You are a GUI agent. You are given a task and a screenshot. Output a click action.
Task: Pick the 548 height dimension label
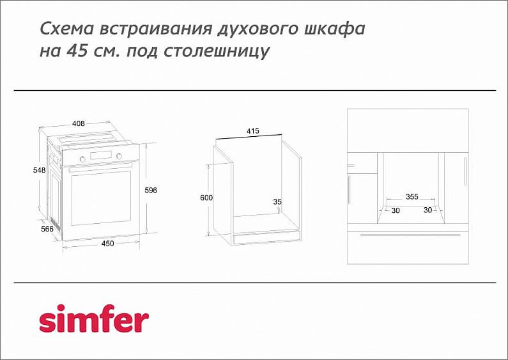[x=40, y=170]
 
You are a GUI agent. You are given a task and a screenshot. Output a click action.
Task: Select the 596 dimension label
[x=151, y=191]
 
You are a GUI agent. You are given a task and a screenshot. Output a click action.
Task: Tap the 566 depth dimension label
[x=47, y=228]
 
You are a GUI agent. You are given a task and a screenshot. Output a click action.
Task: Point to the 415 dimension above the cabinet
[x=252, y=131]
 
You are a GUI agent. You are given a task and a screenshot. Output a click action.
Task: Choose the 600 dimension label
[x=206, y=198]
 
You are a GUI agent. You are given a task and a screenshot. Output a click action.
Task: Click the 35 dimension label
[x=277, y=201]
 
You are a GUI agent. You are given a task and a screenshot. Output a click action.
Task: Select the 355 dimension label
[x=412, y=197]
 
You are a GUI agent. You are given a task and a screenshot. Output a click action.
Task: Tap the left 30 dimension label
[x=396, y=210]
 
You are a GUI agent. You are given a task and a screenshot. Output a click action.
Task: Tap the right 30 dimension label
[x=427, y=210]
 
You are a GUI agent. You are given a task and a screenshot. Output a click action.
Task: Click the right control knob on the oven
[x=119, y=156]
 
